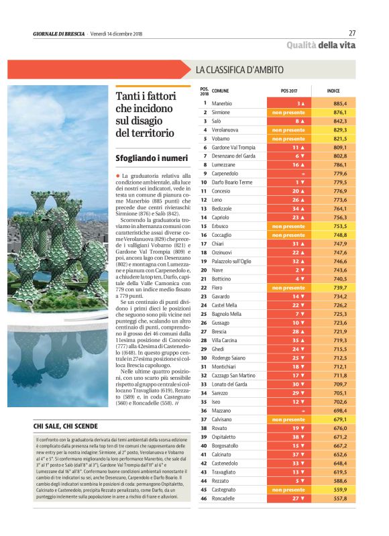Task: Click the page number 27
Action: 352,33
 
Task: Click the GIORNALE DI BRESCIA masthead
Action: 58,34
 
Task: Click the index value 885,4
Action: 339,104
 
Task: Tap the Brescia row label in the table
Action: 221,332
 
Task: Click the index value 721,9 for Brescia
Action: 339,332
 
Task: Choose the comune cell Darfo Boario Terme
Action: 232,182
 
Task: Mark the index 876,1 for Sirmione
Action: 339,113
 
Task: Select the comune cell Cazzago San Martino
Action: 233,376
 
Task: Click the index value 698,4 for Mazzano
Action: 339,411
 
